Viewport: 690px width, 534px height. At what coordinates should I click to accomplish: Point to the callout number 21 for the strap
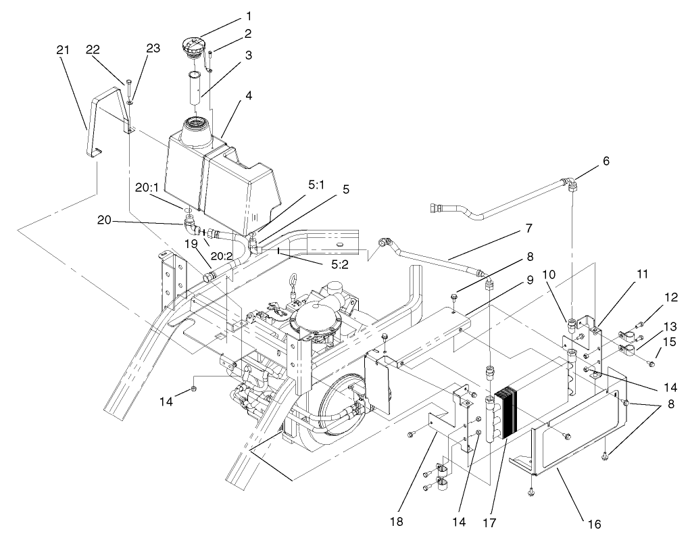(x=63, y=50)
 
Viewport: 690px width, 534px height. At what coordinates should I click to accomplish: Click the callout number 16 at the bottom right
(x=593, y=523)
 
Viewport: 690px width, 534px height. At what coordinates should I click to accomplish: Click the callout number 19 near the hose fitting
(x=193, y=243)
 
